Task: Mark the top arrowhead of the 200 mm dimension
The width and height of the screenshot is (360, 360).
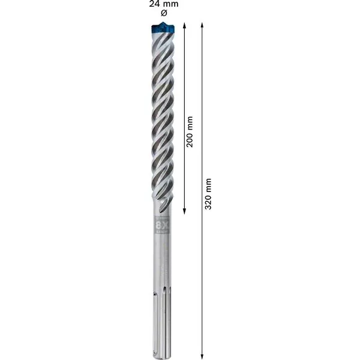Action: [x=185, y=26]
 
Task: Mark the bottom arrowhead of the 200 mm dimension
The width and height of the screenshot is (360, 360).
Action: [x=185, y=212]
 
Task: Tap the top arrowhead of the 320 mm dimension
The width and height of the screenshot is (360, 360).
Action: [x=202, y=26]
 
